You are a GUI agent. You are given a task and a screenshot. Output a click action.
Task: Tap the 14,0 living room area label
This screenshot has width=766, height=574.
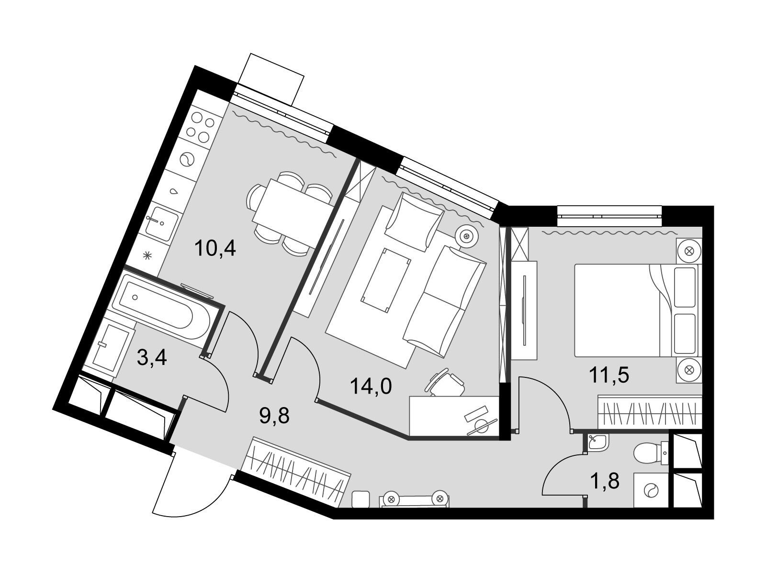[372, 387]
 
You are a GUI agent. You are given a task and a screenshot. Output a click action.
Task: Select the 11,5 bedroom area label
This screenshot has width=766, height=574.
[609, 375]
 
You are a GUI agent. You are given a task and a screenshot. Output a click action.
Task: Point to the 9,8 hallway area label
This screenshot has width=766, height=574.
[274, 416]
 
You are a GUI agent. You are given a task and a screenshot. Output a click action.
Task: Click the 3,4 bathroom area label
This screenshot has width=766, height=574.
[152, 358]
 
